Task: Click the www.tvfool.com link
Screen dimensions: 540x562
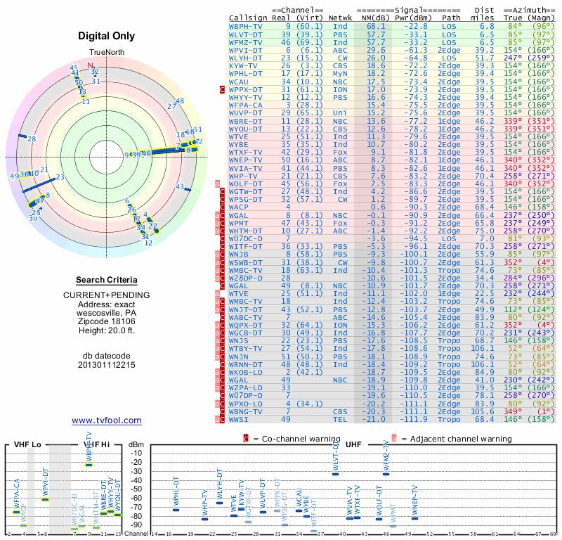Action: (x=106, y=420)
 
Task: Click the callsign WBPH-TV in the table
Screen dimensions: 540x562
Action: (x=246, y=26)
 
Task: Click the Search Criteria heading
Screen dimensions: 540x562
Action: (x=106, y=280)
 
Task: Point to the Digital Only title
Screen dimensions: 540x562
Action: (x=106, y=36)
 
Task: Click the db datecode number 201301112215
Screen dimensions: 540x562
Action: (x=106, y=366)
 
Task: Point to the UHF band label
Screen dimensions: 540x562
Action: (x=354, y=445)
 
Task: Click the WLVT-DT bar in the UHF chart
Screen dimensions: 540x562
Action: (x=336, y=474)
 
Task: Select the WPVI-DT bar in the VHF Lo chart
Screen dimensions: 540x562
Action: (x=45, y=499)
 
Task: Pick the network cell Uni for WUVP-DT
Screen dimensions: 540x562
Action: (x=340, y=112)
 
